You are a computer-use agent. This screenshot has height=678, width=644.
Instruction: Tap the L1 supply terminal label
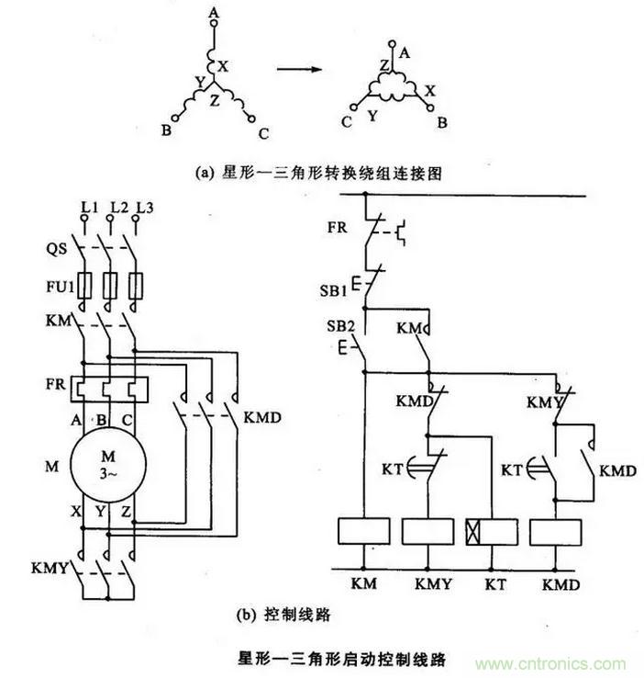click(x=89, y=208)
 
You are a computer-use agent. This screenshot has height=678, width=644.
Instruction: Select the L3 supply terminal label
click(x=142, y=208)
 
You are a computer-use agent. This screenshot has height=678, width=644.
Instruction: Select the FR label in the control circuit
click(x=337, y=226)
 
